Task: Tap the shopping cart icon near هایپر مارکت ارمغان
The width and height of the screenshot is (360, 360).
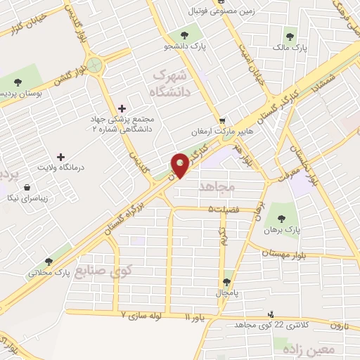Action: click(x=222, y=120)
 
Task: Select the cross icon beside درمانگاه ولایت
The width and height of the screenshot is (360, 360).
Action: click(x=60, y=156)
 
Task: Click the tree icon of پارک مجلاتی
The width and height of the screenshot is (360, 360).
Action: click(x=49, y=261)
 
